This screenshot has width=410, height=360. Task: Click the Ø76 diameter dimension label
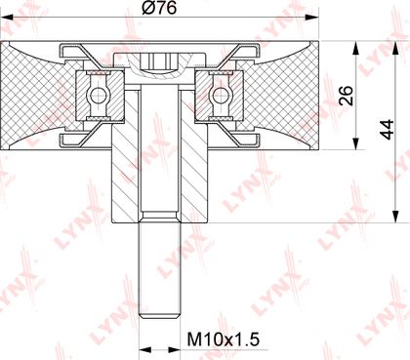pyautogui.click(x=159, y=8)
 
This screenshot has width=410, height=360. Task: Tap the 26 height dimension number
pyautogui.click(x=346, y=96)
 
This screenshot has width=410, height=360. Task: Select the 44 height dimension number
pyautogui.click(x=388, y=130)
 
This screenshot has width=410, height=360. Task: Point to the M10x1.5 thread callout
pyautogui.click(x=224, y=340)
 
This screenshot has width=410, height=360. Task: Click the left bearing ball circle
pyautogui.click(x=97, y=96)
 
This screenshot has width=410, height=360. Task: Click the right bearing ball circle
pyautogui.click(x=219, y=96)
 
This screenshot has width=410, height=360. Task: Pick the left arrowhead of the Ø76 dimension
pyautogui.click(x=7, y=18)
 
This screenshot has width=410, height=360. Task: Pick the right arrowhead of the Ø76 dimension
pyautogui.click(x=312, y=18)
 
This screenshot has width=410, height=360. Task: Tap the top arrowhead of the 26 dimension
pyautogui.click(x=356, y=47)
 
